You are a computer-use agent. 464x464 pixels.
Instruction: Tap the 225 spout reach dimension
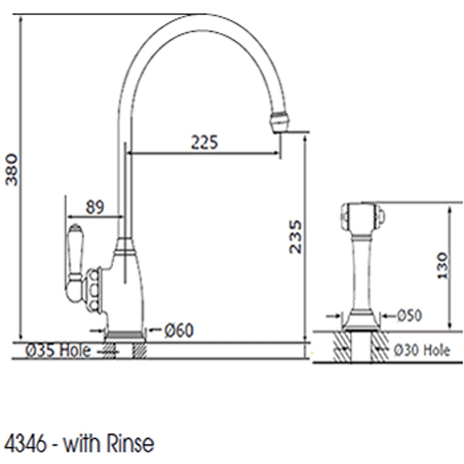[x=204, y=142]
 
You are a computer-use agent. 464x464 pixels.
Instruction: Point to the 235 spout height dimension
[x=296, y=237]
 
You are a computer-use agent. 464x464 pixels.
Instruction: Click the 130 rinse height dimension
[x=442, y=266]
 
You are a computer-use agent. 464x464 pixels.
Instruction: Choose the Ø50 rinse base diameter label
[x=409, y=316]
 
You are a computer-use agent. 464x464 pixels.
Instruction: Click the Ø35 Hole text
[x=58, y=351]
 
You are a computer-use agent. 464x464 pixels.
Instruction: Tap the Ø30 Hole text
[x=422, y=351]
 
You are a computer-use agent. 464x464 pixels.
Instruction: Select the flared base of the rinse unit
[x=362, y=323]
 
